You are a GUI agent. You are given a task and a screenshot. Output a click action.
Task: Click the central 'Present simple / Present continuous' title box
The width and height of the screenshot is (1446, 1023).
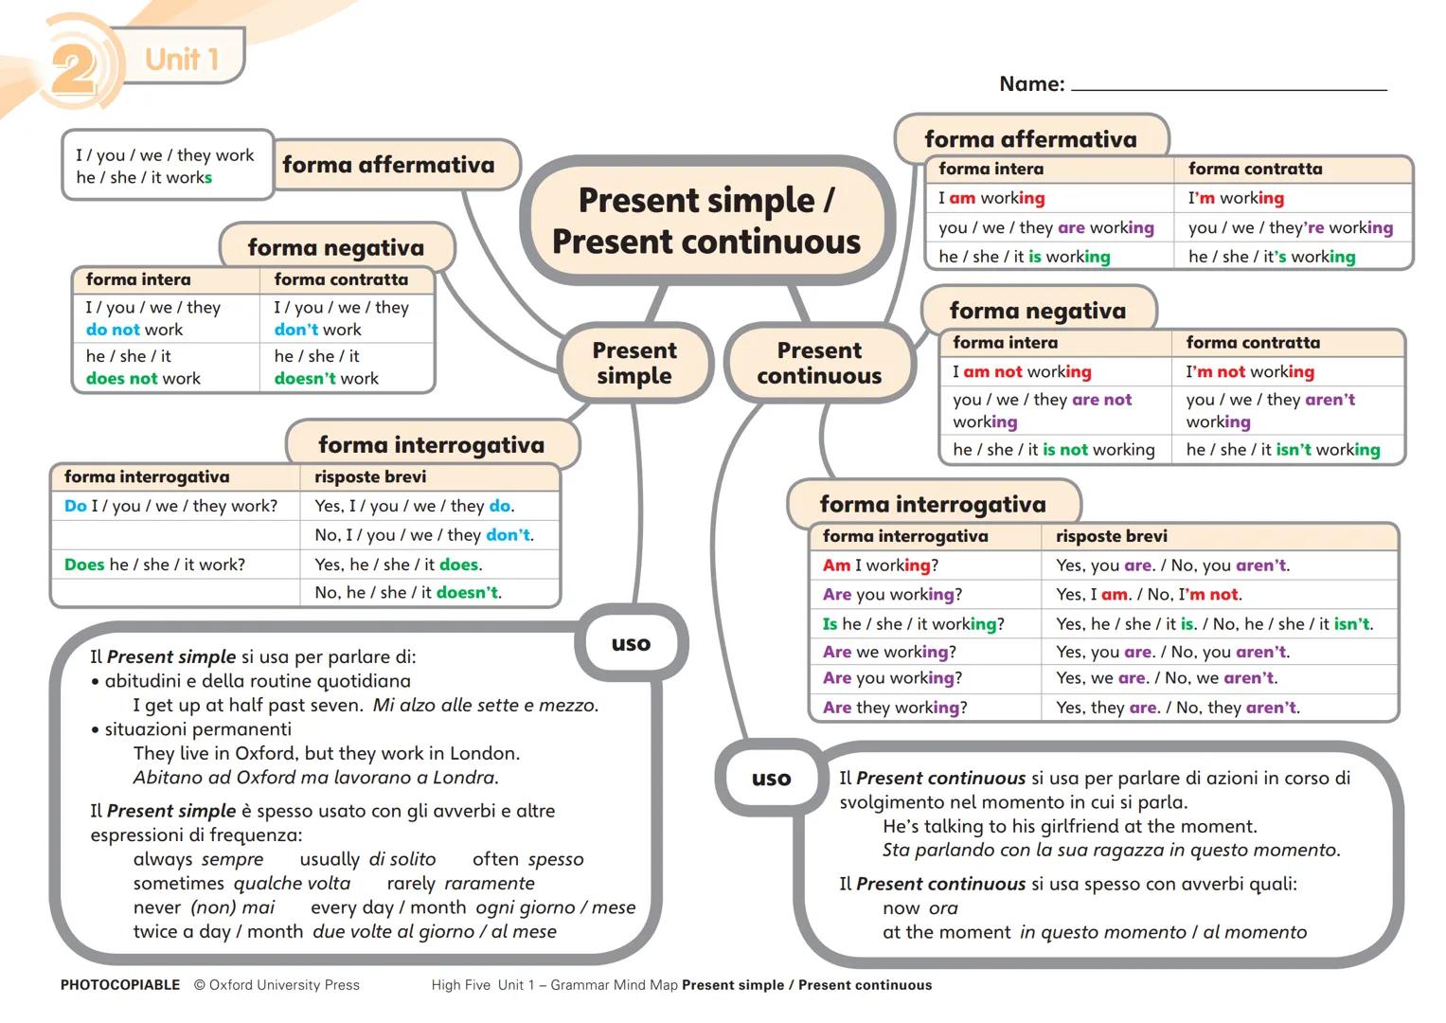coord(706,222)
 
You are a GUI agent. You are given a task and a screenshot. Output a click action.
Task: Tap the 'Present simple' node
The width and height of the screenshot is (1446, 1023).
coord(634,364)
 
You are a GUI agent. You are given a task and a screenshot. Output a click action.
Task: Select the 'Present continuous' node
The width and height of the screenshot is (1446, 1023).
coord(819,364)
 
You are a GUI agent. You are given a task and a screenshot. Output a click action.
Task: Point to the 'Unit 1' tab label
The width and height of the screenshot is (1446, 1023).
coord(182,59)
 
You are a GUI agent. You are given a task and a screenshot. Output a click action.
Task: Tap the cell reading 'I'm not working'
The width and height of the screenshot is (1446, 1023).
coord(1250,372)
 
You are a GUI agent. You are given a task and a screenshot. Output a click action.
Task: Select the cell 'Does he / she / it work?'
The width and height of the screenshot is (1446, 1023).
coord(154,565)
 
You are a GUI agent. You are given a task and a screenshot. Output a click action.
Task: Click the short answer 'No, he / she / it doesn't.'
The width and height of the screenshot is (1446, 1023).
coord(408,593)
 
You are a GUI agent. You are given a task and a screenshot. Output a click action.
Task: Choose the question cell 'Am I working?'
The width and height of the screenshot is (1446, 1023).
coord(881,565)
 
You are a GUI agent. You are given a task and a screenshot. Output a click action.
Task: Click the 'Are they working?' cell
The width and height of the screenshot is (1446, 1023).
coord(895,708)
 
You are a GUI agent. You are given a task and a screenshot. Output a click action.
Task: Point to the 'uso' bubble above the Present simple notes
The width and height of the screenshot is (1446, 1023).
coord(631,644)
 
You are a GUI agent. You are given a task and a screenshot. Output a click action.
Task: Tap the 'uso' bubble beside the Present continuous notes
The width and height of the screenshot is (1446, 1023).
coord(771,779)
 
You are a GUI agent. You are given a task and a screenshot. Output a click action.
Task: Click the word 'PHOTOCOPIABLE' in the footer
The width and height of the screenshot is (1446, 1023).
coord(120,985)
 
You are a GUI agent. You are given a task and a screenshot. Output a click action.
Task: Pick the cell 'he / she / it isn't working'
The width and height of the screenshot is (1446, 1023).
coord(1283,450)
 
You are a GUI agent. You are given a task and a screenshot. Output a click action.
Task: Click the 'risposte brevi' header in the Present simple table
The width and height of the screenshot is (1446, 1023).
coord(370,476)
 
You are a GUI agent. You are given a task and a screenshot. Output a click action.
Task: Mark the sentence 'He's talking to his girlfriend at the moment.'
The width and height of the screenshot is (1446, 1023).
coord(1069,826)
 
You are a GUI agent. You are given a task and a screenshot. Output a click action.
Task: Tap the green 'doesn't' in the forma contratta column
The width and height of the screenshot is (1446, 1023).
coord(305,379)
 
